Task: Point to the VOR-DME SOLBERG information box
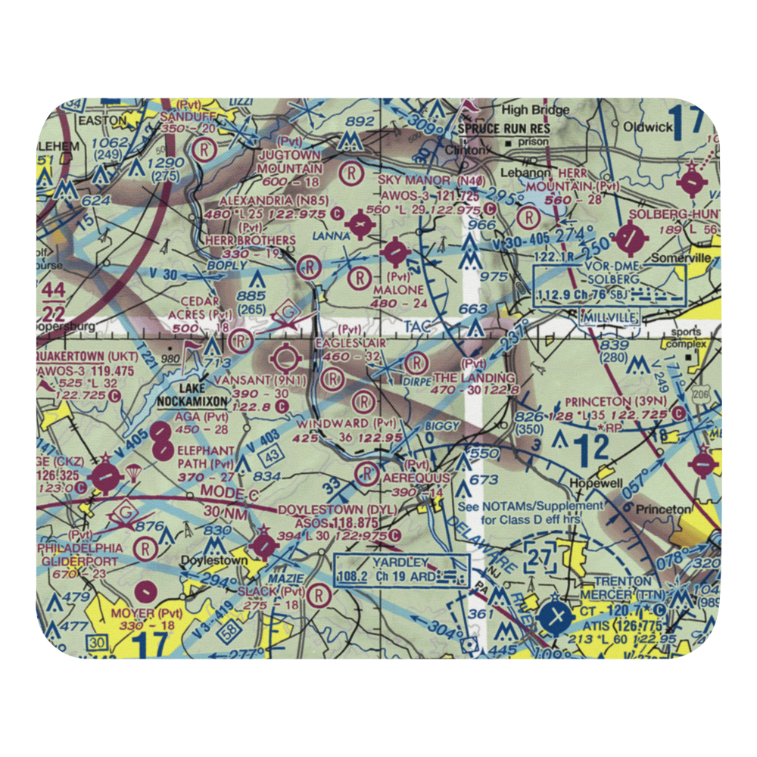(x=609, y=285)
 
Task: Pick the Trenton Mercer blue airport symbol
(x=557, y=616)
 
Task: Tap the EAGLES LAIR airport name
(x=350, y=343)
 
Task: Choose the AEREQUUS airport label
(x=416, y=479)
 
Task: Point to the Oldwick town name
(x=649, y=126)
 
